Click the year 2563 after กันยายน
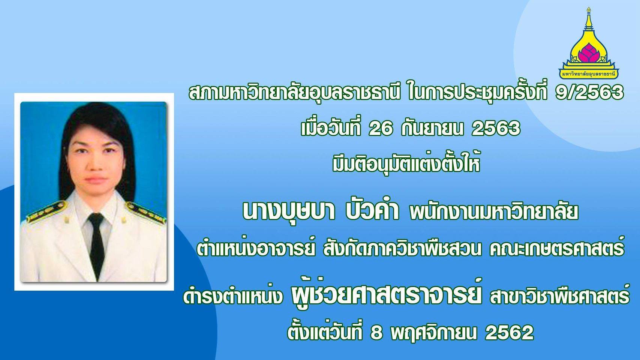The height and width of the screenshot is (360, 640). pos(496,129)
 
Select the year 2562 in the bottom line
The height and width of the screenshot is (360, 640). pos(510,332)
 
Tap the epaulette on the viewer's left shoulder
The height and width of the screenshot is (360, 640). pos(46,211)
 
